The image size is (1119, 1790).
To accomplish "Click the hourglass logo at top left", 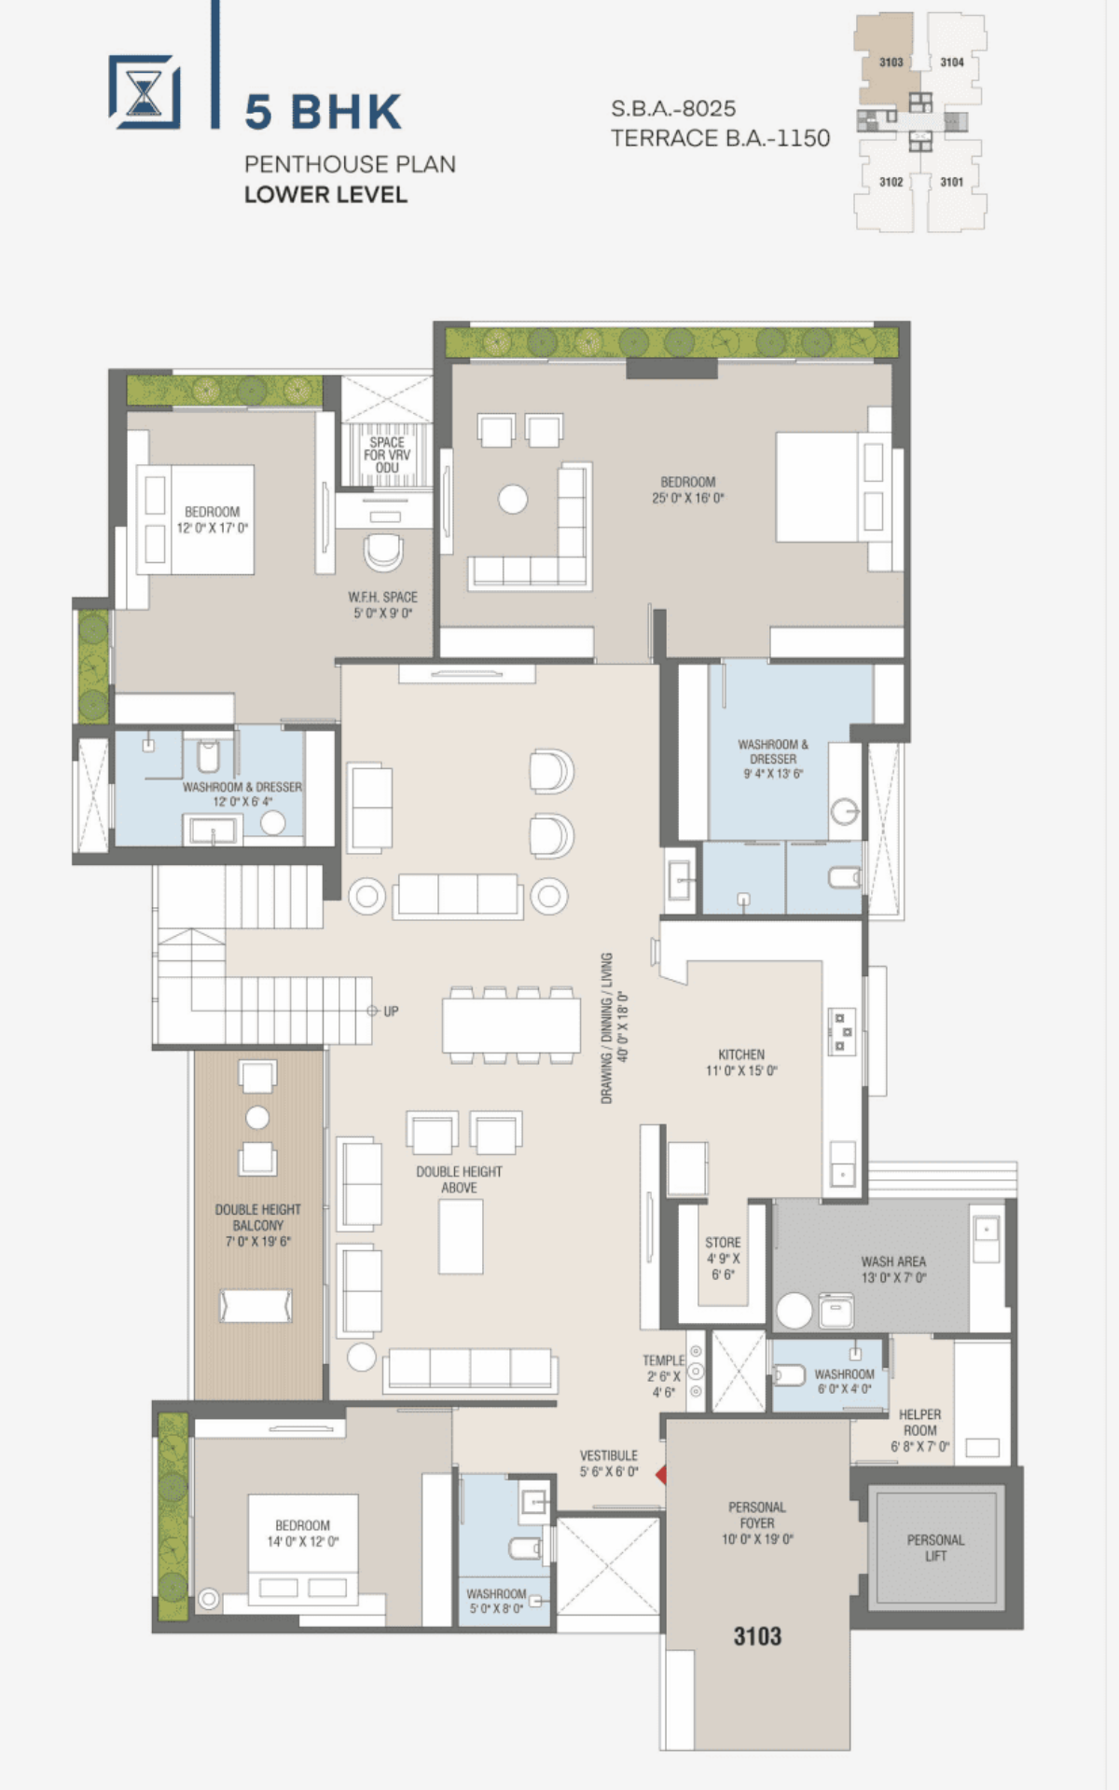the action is pyautogui.click(x=145, y=91).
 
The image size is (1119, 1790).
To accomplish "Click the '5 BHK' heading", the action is pyautogui.click(x=323, y=112).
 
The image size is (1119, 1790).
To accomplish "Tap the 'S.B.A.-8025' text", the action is pyautogui.click(x=673, y=108).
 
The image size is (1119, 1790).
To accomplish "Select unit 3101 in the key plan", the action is pyautogui.click(x=951, y=182).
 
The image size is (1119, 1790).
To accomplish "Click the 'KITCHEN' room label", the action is pyautogui.click(x=741, y=1054).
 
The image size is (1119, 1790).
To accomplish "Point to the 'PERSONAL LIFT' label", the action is pyautogui.click(x=935, y=1548).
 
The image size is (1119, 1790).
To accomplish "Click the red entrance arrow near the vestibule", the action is pyautogui.click(x=661, y=1474).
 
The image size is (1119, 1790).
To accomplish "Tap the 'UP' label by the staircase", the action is pyautogui.click(x=391, y=1011).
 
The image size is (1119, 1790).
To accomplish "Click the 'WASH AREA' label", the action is pyautogui.click(x=893, y=1261).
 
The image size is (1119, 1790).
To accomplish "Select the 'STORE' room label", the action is pyautogui.click(x=723, y=1243).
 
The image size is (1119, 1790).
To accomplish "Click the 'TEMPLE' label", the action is pyautogui.click(x=663, y=1360).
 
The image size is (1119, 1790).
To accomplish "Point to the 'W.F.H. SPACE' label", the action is pyautogui.click(x=383, y=597).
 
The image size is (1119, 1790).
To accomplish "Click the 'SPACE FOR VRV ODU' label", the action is pyautogui.click(x=387, y=455).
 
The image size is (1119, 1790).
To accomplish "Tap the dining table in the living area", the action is pyautogui.click(x=511, y=1025).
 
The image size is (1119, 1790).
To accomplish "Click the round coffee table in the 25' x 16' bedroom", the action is pyautogui.click(x=513, y=499).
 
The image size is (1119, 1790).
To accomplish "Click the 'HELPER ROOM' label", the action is pyautogui.click(x=920, y=1422).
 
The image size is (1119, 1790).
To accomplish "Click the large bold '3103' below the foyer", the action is pyautogui.click(x=757, y=1635).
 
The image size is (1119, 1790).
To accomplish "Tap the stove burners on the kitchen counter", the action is pyautogui.click(x=841, y=1032).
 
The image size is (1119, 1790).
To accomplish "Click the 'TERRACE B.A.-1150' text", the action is pyautogui.click(x=720, y=138).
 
